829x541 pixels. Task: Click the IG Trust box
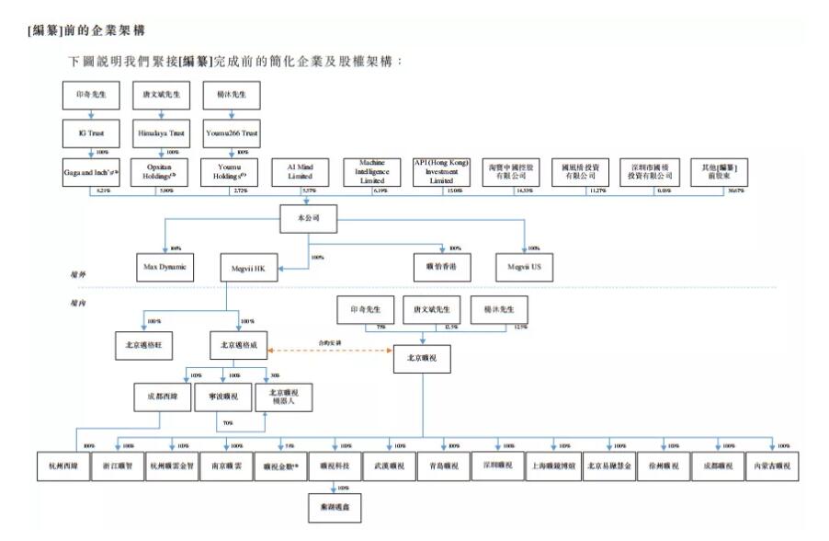pos(90,133)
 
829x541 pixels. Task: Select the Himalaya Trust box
pos(163,133)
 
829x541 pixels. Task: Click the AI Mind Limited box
pos(308,171)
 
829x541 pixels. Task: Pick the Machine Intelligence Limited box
pos(380,171)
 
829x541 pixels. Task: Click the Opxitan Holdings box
pos(163,171)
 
